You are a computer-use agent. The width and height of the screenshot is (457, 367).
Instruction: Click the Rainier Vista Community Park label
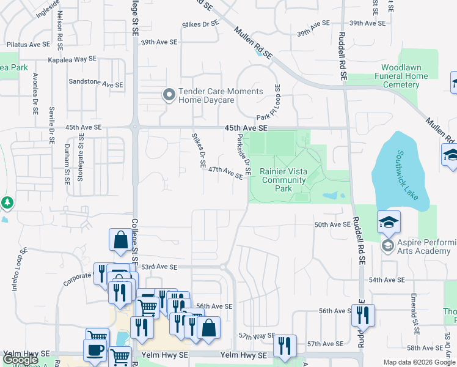(283, 180)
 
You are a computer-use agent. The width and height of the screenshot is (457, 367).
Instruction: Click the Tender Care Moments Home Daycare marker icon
(169, 95)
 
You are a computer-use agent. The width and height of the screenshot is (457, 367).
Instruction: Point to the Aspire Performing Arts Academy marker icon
(387, 246)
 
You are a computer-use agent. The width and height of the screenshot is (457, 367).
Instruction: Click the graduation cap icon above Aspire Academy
(389, 223)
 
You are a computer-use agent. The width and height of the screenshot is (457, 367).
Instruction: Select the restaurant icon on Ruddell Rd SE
(363, 314)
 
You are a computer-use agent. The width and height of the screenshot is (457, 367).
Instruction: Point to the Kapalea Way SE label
(73, 60)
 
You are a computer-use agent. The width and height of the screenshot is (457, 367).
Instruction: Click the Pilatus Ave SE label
(28, 45)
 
